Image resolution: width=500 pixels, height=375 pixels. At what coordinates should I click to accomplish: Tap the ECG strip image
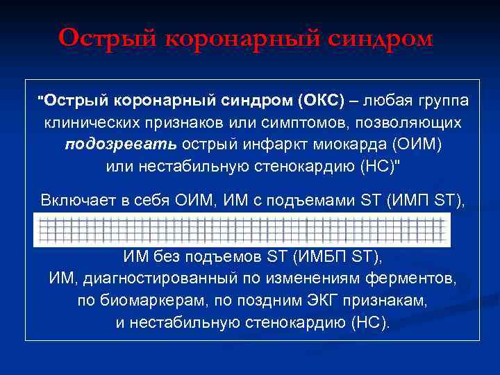pos(243,229)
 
